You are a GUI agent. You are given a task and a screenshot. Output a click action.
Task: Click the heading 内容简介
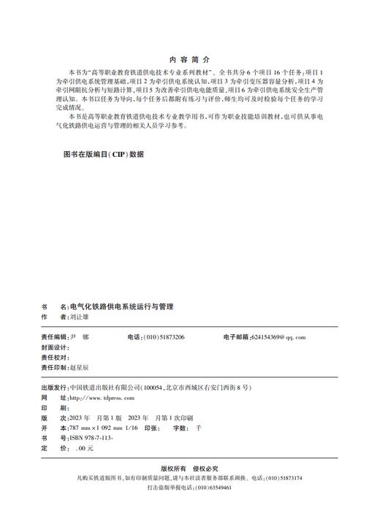(x=189, y=58)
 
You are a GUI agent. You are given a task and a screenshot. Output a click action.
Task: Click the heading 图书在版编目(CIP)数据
(x=104, y=155)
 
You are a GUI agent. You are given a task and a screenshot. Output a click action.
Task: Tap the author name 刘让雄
(x=78, y=318)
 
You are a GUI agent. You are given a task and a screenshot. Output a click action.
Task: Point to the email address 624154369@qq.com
(x=278, y=337)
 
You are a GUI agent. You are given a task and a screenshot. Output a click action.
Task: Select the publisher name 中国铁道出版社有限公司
(x=104, y=388)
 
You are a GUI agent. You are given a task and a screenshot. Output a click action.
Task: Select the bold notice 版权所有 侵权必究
(x=189, y=468)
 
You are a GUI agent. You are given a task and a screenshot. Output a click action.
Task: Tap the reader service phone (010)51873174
(x=282, y=478)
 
